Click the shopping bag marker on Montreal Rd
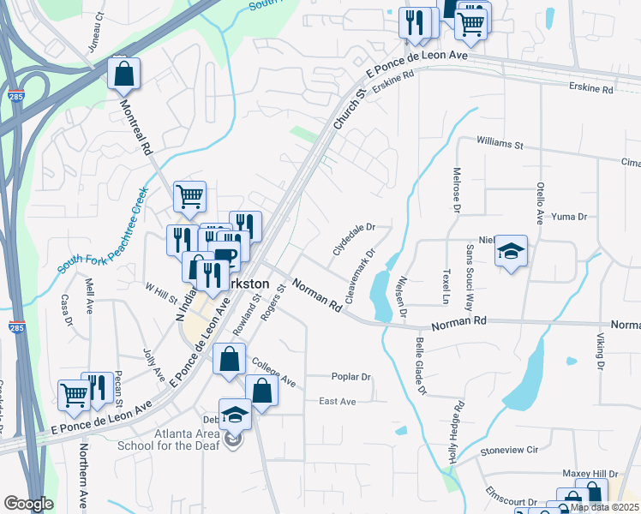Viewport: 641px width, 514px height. (x=124, y=75)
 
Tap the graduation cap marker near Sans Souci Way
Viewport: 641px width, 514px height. (x=512, y=251)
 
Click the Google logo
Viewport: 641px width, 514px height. (x=27, y=504)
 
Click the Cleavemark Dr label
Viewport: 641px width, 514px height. (x=360, y=276)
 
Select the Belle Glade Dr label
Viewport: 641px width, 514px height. (x=420, y=365)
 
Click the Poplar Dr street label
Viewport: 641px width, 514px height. (x=350, y=377)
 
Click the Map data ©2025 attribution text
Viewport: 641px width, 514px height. (x=604, y=507)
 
